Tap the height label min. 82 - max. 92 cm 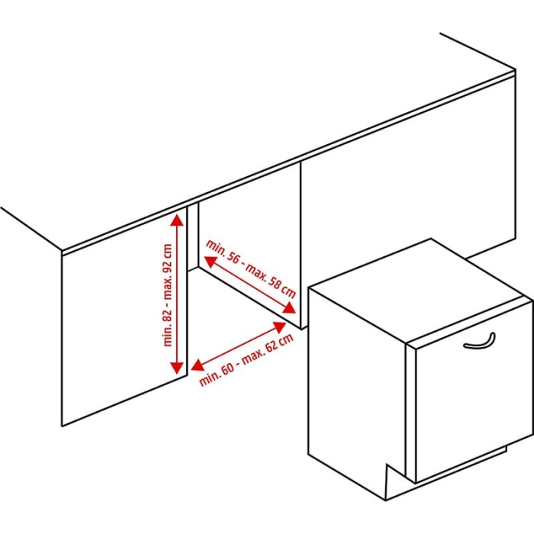tap(168, 295)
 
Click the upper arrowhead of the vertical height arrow tap(177, 220)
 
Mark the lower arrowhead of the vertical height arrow tap(177, 368)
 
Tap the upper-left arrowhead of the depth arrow tap(210, 261)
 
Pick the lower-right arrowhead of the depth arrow tap(289, 308)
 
